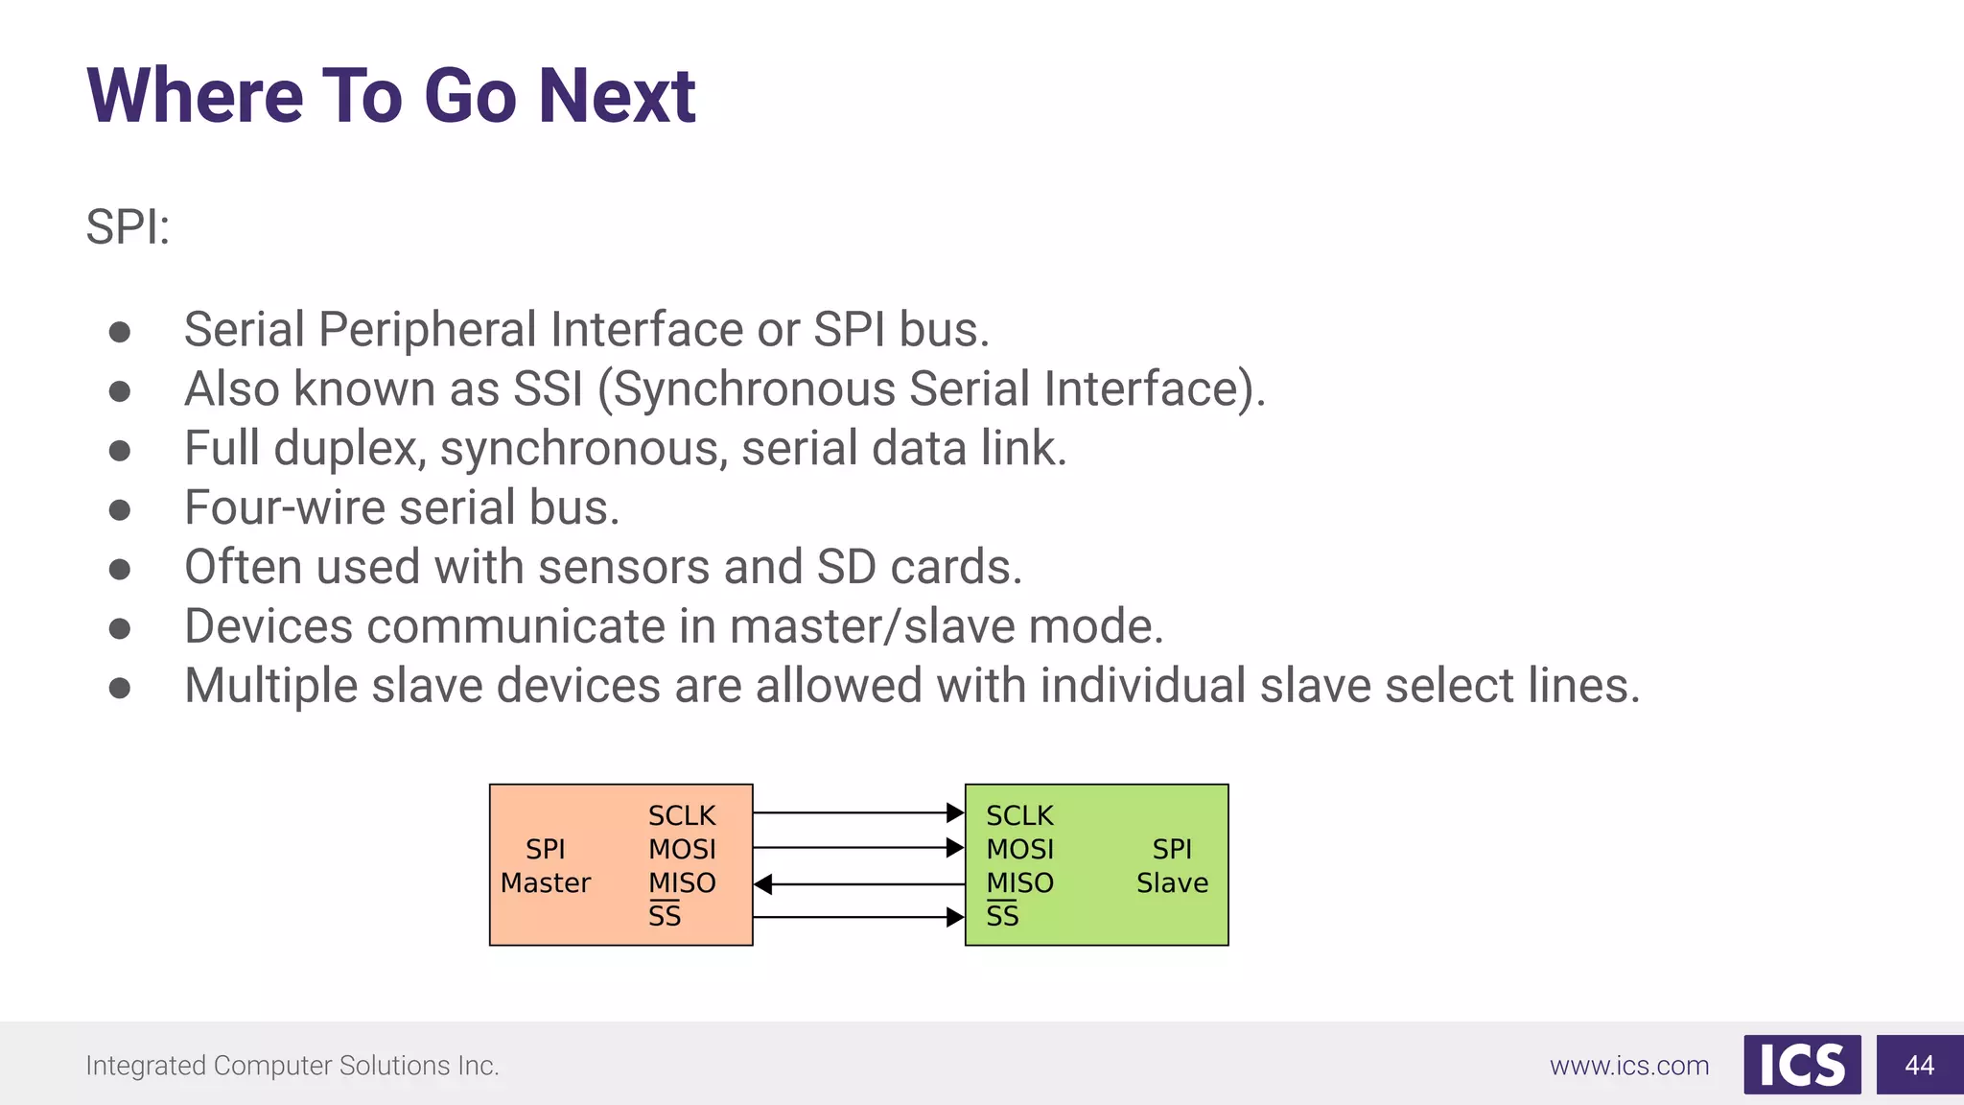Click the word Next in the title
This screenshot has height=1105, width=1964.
[x=617, y=97]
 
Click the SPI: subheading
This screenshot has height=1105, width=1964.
[x=128, y=228]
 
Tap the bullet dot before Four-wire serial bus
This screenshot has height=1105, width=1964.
[x=120, y=509]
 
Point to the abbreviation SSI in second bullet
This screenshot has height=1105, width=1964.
[x=548, y=389]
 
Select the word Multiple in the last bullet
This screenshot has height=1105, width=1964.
[x=271, y=686]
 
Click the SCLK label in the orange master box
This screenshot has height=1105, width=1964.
[x=682, y=816]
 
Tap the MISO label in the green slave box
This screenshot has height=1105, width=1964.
[x=1019, y=883]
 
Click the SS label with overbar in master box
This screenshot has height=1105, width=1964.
[x=665, y=916]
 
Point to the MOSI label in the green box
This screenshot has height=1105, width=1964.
[x=1019, y=850]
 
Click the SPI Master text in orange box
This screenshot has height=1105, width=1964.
[x=545, y=866]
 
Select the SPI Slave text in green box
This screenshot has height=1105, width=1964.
[x=1172, y=866]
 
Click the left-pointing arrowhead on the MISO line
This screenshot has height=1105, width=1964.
[x=763, y=884]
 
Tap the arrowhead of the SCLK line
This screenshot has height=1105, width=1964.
[x=955, y=813]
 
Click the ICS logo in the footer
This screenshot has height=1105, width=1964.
[x=1802, y=1065]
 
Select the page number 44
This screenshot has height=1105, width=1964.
[x=1919, y=1065]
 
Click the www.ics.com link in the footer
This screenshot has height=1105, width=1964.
[x=1629, y=1066]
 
